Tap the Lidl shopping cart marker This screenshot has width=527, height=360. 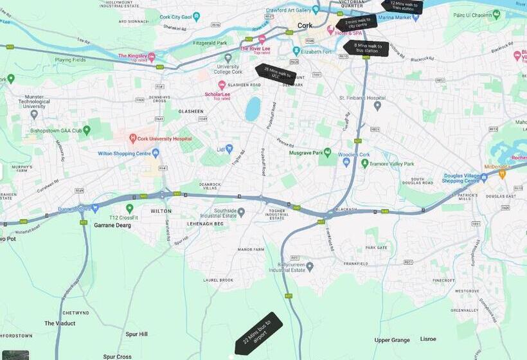[229, 148]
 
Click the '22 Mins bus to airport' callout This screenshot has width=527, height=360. [258, 333]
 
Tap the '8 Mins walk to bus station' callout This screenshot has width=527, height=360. [366, 48]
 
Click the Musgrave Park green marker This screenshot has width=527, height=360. [327, 152]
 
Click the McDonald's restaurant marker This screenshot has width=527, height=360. [502, 173]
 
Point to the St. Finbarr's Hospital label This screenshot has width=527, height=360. [362, 98]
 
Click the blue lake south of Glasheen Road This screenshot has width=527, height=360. [253, 109]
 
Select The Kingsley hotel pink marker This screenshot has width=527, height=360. [152, 57]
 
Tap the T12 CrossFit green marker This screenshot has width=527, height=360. [130, 208]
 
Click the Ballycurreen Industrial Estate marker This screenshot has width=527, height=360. [309, 265]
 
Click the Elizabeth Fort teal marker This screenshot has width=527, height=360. [296, 50]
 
